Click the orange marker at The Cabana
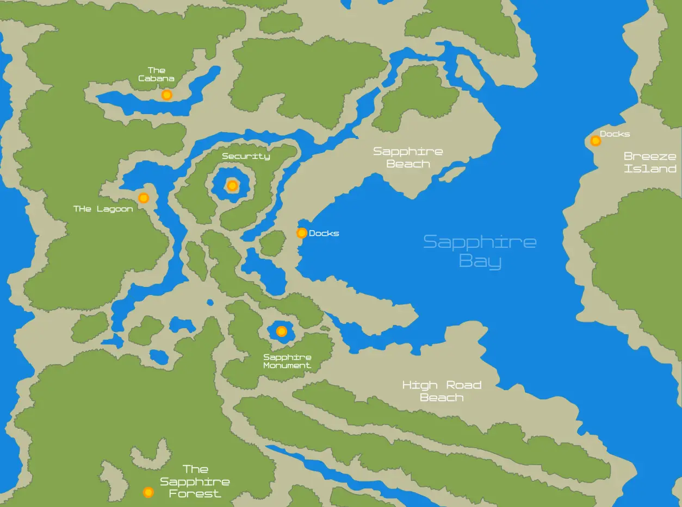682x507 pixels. coord(167,95)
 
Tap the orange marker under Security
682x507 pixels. coord(232,186)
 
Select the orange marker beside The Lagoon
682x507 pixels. coord(144,198)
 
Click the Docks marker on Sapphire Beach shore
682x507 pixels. coord(302,233)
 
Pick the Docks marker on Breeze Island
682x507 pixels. coord(596,141)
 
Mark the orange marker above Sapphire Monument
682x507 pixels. coord(282,331)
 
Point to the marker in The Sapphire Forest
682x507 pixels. coord(148,492)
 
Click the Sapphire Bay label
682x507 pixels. coord(480,251)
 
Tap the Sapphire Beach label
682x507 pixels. coord(408,158)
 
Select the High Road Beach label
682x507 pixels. coord(442,391)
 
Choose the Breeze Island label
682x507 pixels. coord(650,162)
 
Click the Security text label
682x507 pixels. coord(246,157)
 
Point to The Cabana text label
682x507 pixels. coord(156,74)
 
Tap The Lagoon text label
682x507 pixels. coord(103,209)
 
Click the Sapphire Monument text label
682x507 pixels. coord(287,361)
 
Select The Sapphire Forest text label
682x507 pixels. coord(195,481)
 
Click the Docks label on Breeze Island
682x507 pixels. coord(615,134)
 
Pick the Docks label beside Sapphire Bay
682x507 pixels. coord(324,234)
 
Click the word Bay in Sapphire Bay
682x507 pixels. coord(480,261)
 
